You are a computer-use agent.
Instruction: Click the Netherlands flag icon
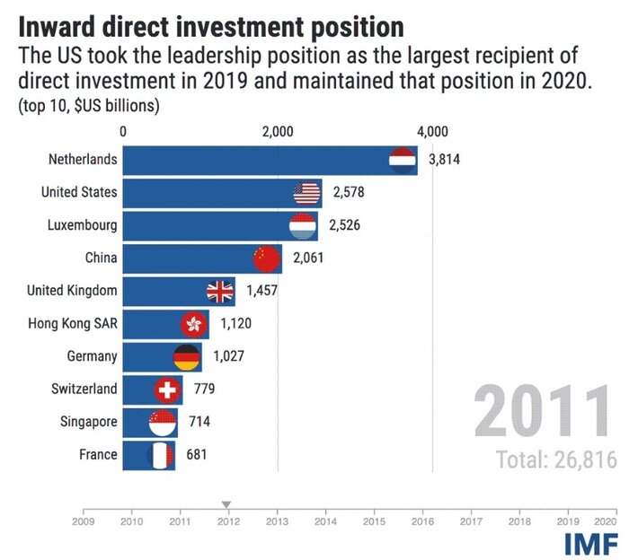(x=401, y=160)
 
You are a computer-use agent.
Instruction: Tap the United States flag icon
(x=307, y=192)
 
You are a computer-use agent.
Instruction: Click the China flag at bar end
(x=268, y=258)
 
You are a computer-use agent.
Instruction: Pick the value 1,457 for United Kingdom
(x=261, y=291)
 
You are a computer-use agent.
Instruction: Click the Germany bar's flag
(x=186, y=357)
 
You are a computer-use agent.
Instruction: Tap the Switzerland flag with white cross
(x=167, y=389)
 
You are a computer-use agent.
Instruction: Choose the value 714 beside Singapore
(x=199, y=422)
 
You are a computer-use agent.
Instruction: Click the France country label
(x=98, y=454)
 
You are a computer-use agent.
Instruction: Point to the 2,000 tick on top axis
(x=278, y=131)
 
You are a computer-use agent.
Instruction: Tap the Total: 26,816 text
(x=556, y=459)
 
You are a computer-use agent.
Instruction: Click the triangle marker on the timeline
(x=226, y=504)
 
